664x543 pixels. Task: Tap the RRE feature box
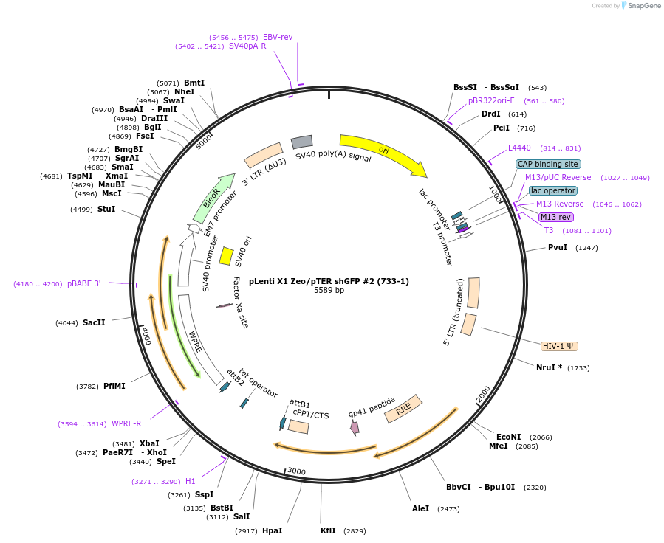[403, 408]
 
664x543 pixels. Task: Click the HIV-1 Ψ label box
[559, 346]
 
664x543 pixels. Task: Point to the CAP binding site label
[548, 164]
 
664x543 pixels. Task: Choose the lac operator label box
[553, 190]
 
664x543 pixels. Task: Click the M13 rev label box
[555, 217]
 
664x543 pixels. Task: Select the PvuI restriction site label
[558, 247]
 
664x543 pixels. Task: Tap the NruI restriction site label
[549, 367]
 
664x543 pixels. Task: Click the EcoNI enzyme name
[508, 437]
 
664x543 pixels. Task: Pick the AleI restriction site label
[420, 508]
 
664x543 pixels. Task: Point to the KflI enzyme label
[328, 530]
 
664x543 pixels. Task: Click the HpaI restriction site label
[272, 530]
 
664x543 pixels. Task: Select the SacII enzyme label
[94, 322]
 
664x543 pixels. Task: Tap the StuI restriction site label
[106, 209]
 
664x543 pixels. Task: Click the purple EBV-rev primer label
[278, 37]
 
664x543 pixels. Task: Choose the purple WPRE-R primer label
[126, 423]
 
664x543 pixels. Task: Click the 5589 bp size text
[329, 291]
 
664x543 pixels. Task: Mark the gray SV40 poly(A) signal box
[301, 142]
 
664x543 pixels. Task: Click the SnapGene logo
[640, 6]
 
